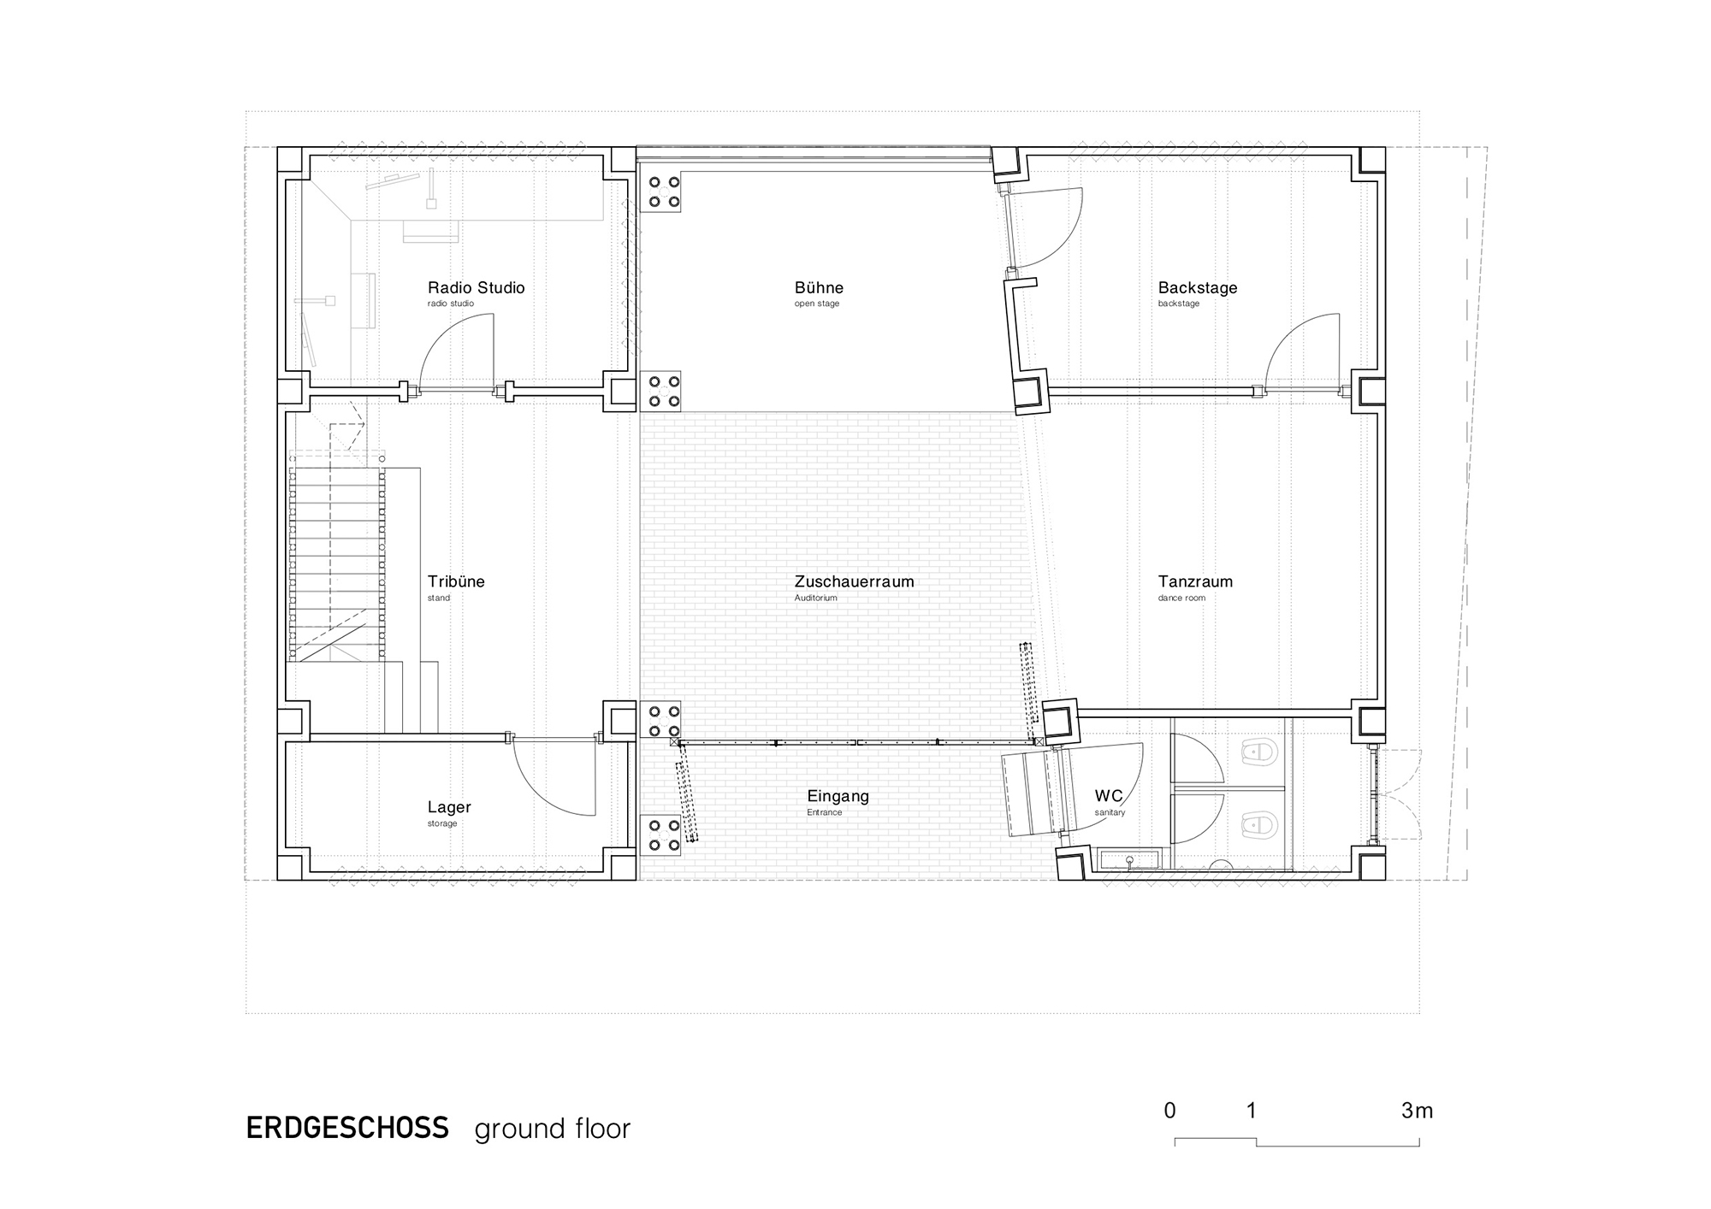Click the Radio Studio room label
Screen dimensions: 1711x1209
click(476, 288)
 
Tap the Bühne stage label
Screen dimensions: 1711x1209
click(819, 288)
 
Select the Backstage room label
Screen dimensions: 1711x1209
click(1198, 288)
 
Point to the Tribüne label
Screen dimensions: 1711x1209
click(456, 581)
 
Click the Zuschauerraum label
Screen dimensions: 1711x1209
click(854, 581)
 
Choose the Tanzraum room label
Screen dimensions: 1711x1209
click(1195, 581)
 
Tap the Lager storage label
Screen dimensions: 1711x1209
click(449, 808)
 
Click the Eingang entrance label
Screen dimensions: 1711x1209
click(838, 797)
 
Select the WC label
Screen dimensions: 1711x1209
click(1109, 796)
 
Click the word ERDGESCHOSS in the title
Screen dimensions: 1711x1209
click(347, 1129)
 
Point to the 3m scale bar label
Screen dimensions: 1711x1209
click(1417, 1111)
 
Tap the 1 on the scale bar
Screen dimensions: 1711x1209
click(1252, 1111)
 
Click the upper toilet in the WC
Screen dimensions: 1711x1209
click(1258, 752)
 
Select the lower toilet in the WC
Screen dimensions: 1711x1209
click(1258, 825)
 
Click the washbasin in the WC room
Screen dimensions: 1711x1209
click(1130, 858)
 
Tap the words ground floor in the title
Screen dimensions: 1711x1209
click(552, 1129)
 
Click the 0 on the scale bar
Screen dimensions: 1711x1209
click(1169, 1111)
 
